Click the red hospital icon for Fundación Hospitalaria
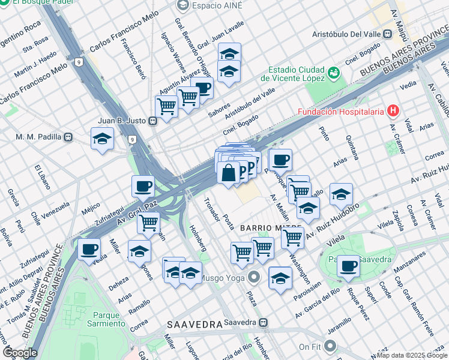pos(393,110)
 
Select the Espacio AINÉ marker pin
pos(183,5)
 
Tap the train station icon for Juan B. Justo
pos(153,121)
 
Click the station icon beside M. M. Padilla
pos(68,137)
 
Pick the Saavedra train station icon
pos(263,323)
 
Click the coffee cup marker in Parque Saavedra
pos(348,266)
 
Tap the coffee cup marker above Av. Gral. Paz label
pos(142,187)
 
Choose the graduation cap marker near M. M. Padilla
pos(103,139)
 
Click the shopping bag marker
pos(229,173)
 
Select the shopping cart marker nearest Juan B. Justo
pos(166,107)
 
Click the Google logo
pos(20,353)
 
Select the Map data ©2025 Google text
pos(411,355)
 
